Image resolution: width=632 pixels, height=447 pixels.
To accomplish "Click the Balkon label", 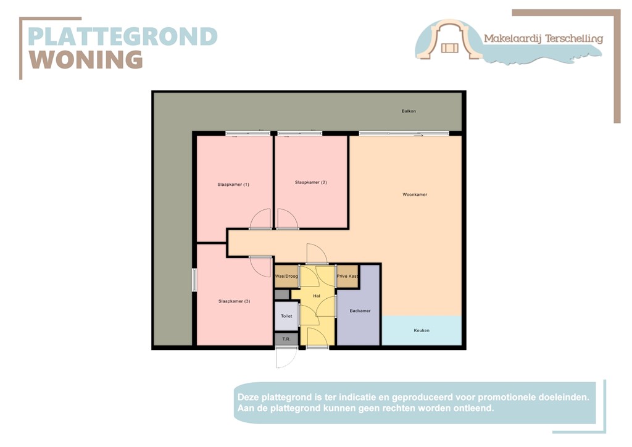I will [x=409, y=111].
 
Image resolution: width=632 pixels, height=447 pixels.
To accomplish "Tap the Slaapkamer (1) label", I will [x=233, y=185].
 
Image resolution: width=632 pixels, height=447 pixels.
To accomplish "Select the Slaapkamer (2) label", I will [x=310, y=182].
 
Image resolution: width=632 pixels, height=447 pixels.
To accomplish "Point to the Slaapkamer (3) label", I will [x=234, y=301].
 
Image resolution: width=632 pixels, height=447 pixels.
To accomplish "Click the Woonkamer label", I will [x=415, y=194].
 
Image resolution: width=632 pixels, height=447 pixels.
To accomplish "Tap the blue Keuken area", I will [x=422, y=330].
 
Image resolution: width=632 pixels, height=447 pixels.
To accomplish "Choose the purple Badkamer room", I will [x=359, y=311].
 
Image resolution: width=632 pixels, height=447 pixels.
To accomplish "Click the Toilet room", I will [x=286, y=315].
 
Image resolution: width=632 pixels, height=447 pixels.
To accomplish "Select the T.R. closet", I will [x=286, y=339].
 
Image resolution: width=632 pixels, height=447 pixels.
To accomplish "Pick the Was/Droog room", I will [x=286, y=276].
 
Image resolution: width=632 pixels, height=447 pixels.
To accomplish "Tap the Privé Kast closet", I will [x=347, y=276].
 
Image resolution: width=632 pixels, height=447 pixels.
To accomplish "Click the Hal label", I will [x=317, y=296].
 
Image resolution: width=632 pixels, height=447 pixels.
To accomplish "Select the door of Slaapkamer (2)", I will [x=287, y=220].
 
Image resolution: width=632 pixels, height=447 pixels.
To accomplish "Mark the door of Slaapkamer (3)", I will [x=261, y=265].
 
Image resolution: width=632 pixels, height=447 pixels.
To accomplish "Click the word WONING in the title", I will [x=86, y=60].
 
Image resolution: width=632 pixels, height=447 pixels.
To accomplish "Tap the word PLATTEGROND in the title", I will [x=123, y=36].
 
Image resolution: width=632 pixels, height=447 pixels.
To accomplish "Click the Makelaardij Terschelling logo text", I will [x=543, y=39].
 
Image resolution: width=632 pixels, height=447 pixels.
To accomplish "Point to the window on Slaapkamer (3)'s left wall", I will [x=194, y=280].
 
